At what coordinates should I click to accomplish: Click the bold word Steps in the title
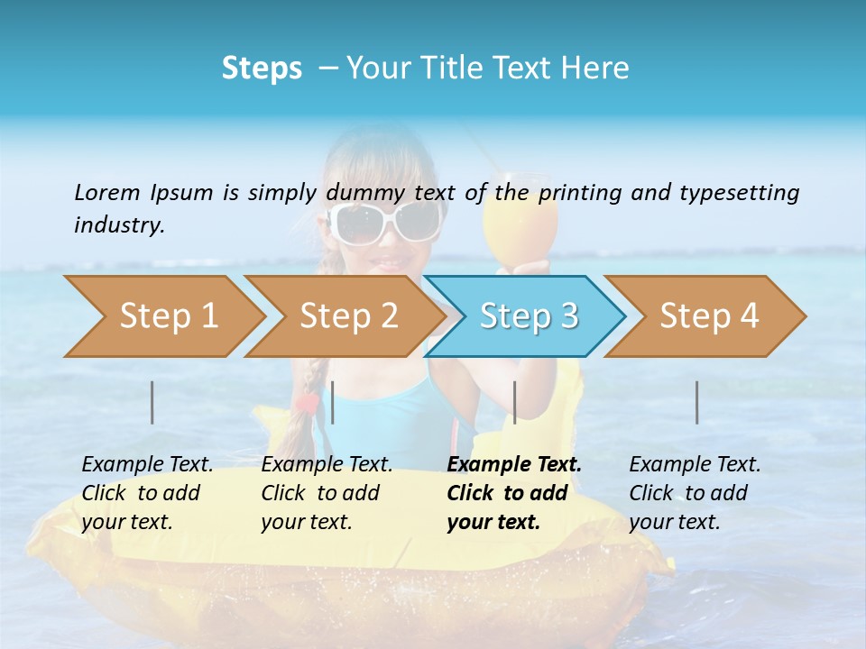(x=262, y=68)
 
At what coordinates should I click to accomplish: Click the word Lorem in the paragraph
(x=107, y=192)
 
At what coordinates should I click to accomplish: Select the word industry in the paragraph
(x=118, y=224)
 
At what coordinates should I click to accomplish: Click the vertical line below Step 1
(x=152, y=402)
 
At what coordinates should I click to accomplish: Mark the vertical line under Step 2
(x=333, y=402)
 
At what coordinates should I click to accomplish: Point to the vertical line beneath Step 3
(x=514, y=402)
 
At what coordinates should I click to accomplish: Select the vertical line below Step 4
(x=696, y=402)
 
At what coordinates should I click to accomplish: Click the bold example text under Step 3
(x=513, y=493)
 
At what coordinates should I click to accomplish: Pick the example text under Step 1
(x=147, y=493)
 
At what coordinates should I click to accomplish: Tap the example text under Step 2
(x=327, y=493)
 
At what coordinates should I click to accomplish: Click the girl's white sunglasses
(x=384, y=222)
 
